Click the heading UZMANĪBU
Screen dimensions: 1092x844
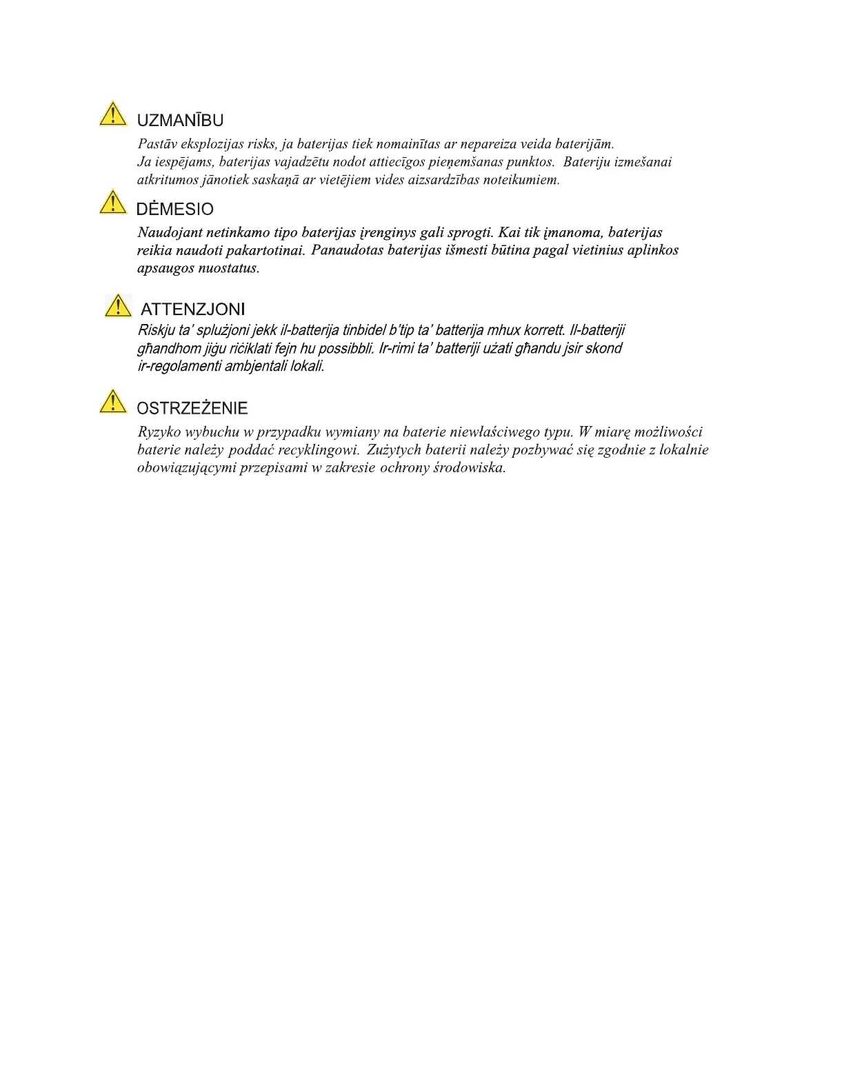coord(180,121)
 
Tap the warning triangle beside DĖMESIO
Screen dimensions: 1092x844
coord(113,202)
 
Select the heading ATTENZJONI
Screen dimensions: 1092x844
coord(192,310)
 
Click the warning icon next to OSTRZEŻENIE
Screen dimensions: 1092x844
coord(113,401)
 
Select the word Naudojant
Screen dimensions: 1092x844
coord(170,233)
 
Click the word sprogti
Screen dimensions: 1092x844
coord(470,233)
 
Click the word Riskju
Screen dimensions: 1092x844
coord(157,330)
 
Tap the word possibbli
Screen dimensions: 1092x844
coord(345,348)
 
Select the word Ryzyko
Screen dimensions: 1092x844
coord(159,432)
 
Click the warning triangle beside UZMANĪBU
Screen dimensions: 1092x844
coord(113,114)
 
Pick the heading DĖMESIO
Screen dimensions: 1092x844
coord(175,210)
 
